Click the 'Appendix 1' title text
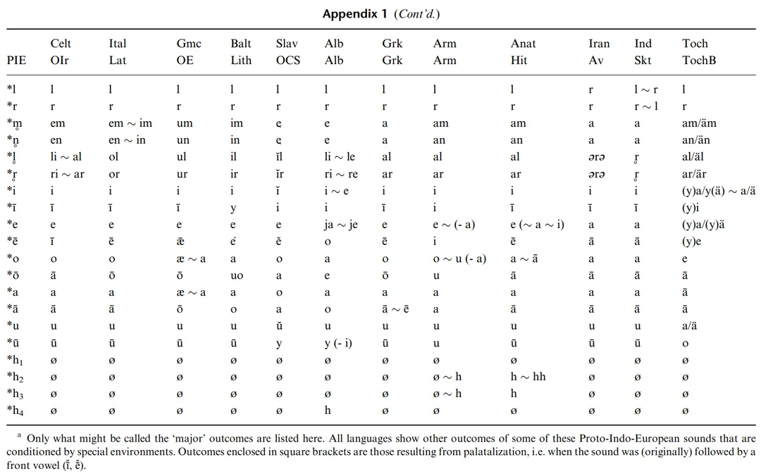[x=350, y=14]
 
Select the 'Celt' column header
[x=61, y=44]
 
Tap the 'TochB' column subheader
[x=699, y=61]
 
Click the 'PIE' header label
[x=16, y=61]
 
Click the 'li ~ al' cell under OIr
[x=66, y=157]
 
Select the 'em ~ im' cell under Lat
[x=130, y=123]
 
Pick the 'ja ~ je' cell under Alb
[x=342, y=225]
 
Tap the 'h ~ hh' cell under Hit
[x=528, y=377]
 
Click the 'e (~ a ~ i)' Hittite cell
[x=537, y=225]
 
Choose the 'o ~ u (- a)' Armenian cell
[x=459, y=258]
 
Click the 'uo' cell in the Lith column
[x=237, y=275]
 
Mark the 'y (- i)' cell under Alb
[x=339, y=343]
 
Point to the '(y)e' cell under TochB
[x=691, y=242]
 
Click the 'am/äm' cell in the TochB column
[x=699, y=123]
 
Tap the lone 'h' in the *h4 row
[x=328, y=411]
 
